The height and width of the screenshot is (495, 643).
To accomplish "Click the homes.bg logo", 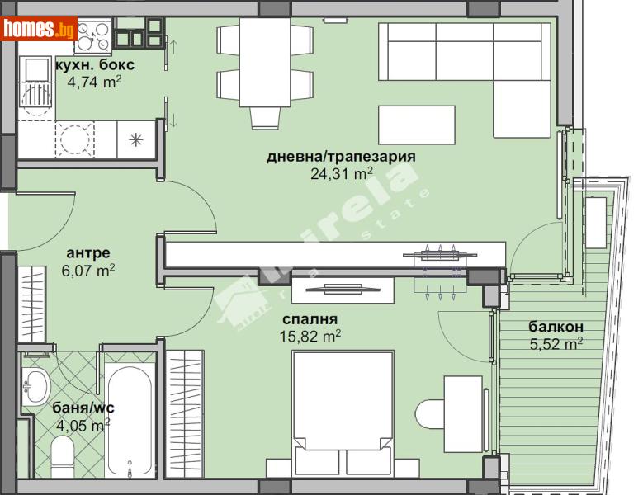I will [x=39, y=30].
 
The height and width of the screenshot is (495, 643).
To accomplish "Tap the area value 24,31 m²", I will [x=341, y=174].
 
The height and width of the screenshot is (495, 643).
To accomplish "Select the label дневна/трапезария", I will [x=340, y=157].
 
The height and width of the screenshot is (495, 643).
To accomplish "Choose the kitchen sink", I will [x=37, y=82].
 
